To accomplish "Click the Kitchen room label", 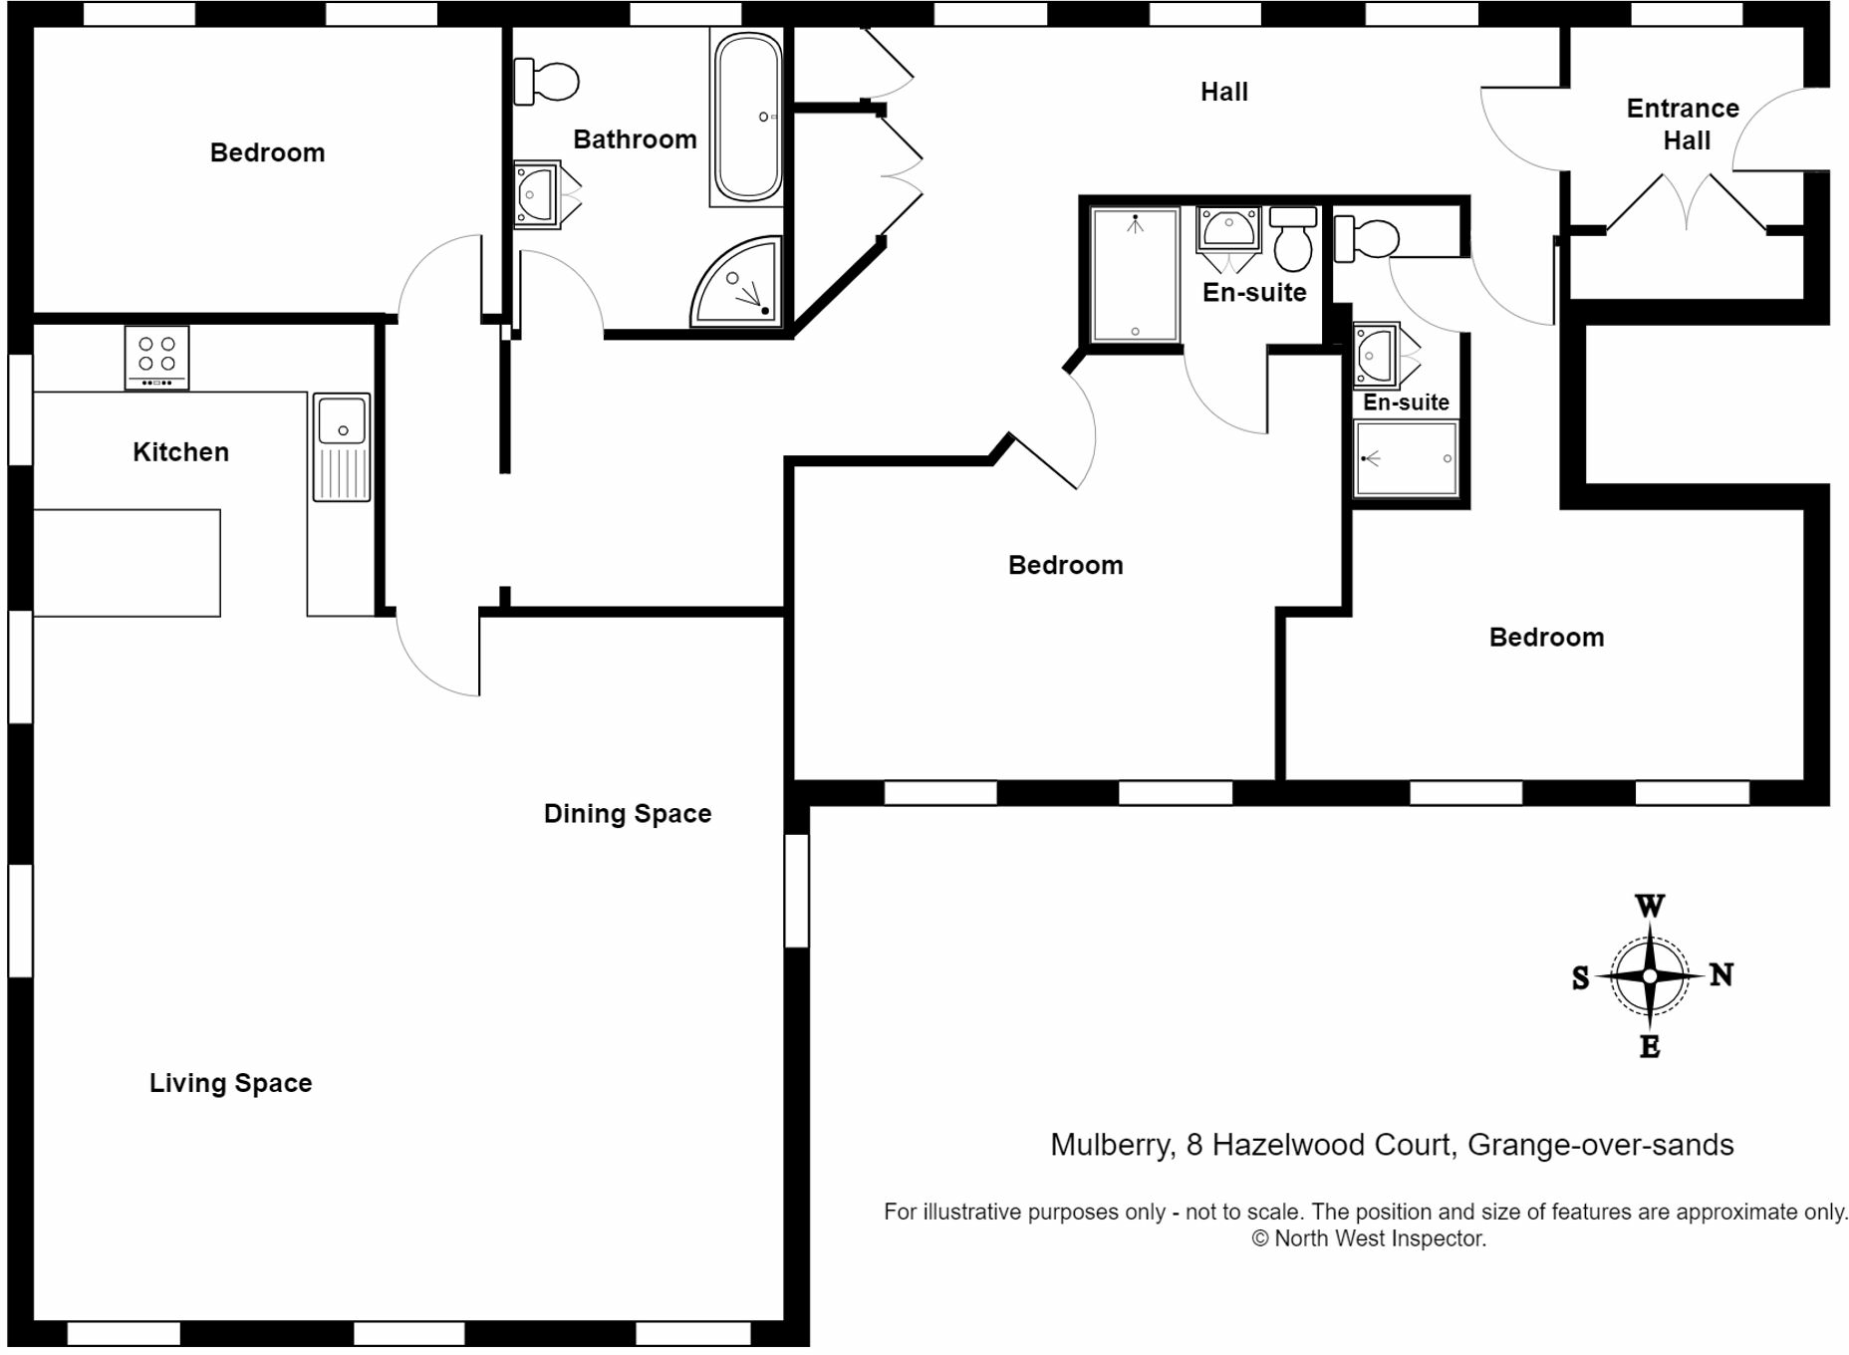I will [x=180, y=452].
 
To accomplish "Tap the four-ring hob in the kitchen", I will [x=156, y=358].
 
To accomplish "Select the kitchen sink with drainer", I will [x=342, y=446].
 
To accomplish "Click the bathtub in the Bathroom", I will [x=747, y=118].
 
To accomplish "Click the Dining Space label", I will [x=627, y=814].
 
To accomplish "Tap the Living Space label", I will [x=230, y=1083].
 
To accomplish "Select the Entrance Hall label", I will [x=1683, y=125].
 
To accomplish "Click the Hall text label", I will [x=1223, y=92].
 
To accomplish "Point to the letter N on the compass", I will [x=1721, y=974].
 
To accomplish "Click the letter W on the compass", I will [x=1650, y=906].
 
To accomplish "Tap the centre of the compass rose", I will [x=1650, y=976].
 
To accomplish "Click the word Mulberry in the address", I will [x=1110, y=1145].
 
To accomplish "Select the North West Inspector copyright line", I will [x=1369, y=1238].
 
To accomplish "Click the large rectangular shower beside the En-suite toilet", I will [x=1135, y=275].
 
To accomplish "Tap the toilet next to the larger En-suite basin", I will [x=1293, y=240].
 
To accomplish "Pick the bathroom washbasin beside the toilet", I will [x=536, y=194].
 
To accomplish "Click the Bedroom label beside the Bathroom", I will [x=267, y=152].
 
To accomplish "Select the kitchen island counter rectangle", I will [x=127, y=563].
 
